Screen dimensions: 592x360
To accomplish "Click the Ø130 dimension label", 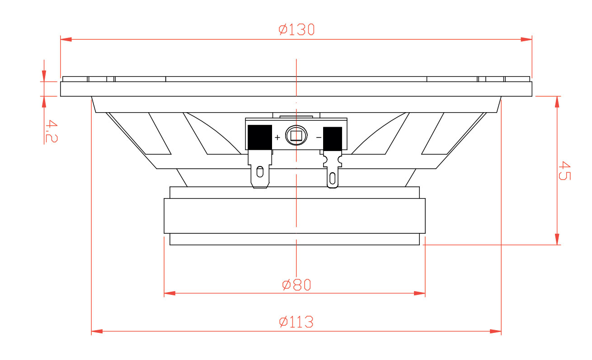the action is (x=296, y=30).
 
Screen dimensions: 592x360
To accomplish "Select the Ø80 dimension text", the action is (x=296, y=285).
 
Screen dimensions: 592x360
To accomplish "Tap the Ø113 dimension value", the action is (x=296, y=322).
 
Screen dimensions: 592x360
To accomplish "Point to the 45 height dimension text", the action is (x=564, y=171).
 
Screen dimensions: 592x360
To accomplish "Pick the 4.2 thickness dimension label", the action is (x=52, y=131).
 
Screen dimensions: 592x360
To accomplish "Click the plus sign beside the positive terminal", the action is (x=277, y=137).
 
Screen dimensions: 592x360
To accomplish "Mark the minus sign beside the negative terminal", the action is (x=319, y=137).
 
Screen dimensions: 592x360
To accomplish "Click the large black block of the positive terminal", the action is (x=260, y=137).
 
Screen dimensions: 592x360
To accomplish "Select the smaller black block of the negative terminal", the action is (x=333, y=139).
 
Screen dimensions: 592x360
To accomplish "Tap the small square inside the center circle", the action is (x=296, y=136).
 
